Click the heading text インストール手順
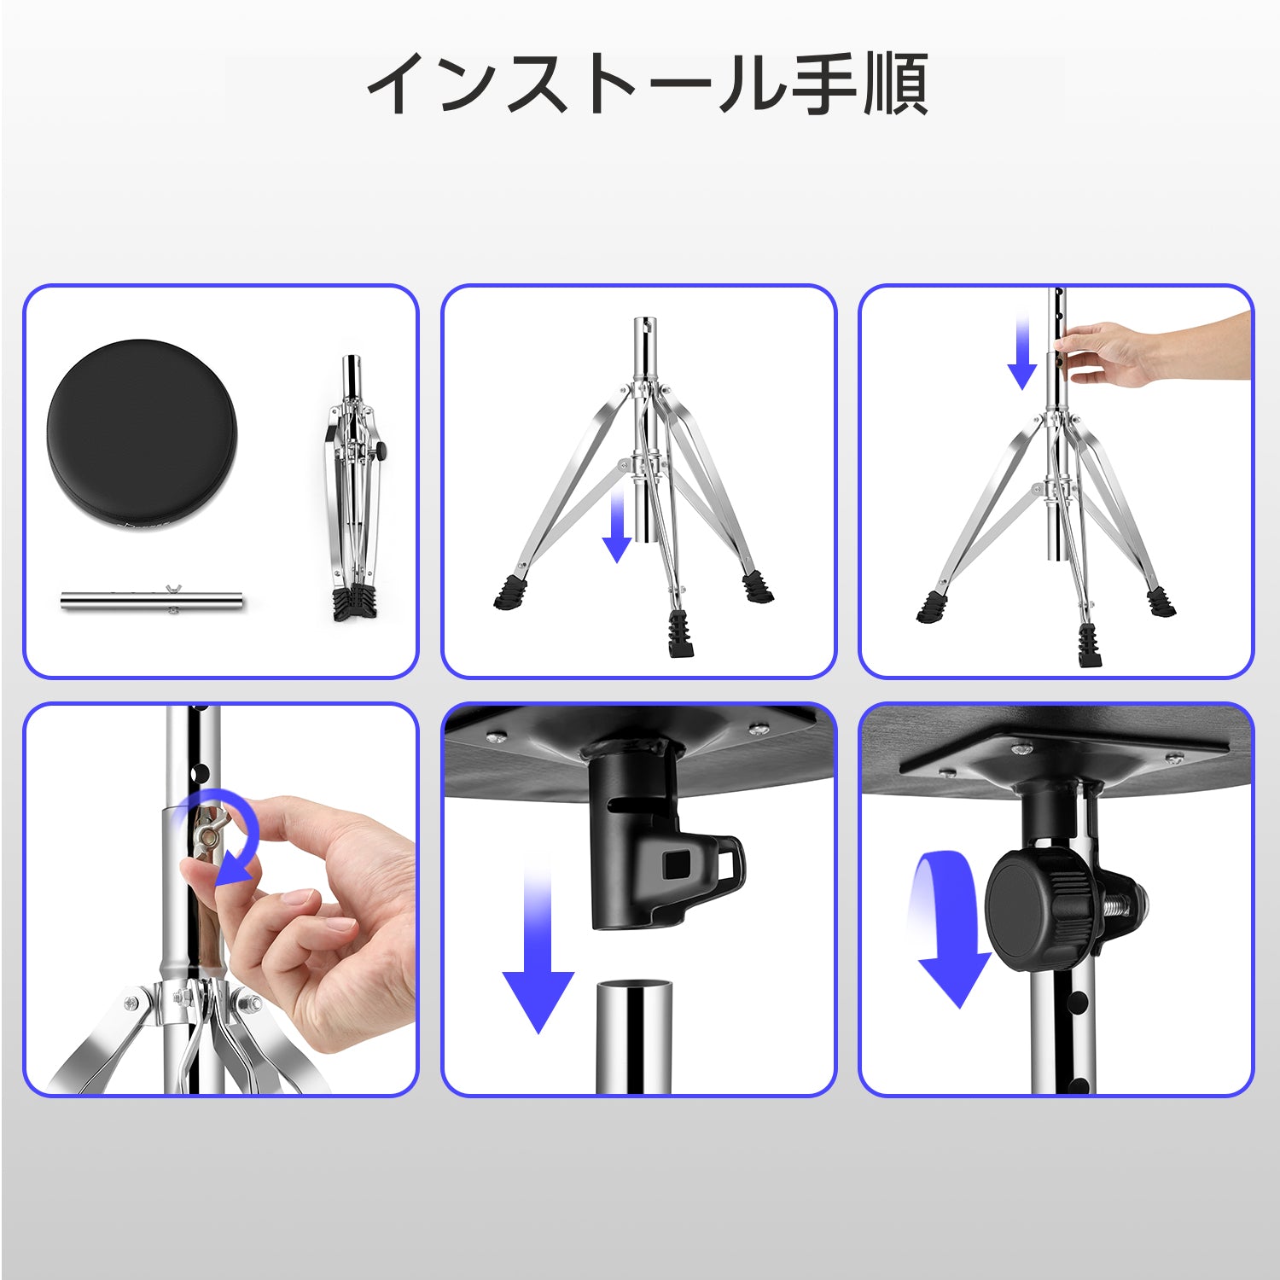tap(648, 84)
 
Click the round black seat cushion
tap(142, 433)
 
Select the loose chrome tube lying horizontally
tap(152, 600)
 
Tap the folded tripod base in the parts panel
tap(353, 486)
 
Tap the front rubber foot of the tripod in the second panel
tap(681, 634)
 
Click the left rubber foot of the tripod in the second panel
tap(510, 592)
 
